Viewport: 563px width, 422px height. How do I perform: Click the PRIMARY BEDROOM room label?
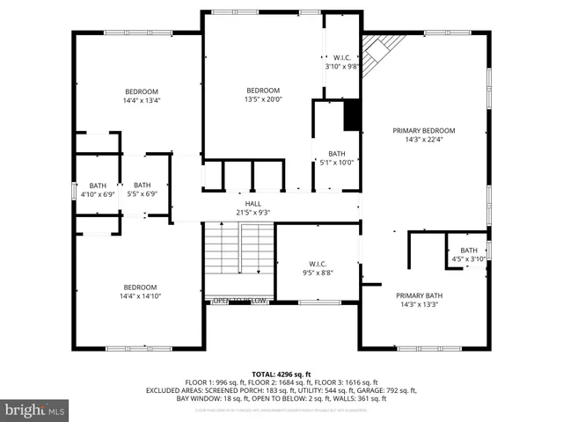(429, 130)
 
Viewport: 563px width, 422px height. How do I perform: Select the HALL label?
(252, 204)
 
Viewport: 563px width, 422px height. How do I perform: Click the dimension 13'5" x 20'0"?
(263, 99)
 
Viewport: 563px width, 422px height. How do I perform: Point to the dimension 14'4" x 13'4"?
(141, 100)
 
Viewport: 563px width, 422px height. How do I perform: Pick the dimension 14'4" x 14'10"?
(140, 296)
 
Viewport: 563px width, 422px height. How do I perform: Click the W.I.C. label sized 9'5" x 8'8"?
(318, 263)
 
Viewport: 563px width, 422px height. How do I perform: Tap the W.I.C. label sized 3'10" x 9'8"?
(342, 66)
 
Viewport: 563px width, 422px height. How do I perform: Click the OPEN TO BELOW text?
(240, 301)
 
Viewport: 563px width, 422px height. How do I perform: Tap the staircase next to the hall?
(239, 258)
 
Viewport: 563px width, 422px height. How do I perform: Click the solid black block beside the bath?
(352, 115)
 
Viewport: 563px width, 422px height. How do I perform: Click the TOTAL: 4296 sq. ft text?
(281, 374)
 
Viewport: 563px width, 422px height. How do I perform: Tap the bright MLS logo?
(35, 410)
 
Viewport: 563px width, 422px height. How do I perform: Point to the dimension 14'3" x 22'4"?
(429, 139)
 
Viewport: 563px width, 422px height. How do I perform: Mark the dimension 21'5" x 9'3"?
(252, 212)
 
